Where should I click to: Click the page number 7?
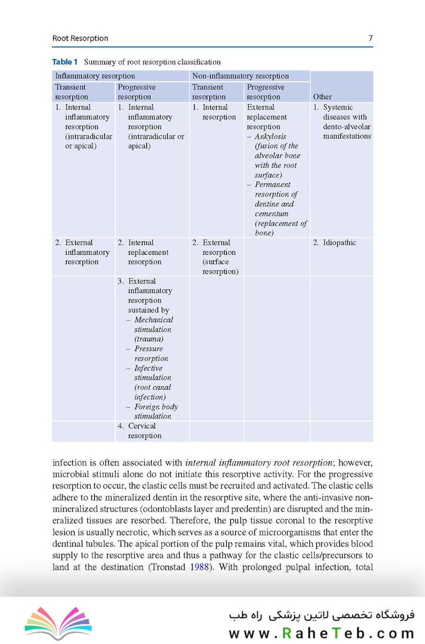(370, 38)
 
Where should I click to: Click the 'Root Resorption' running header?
(80, 38)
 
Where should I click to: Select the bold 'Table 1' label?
(65, 61)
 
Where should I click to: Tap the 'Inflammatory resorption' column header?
(95, 76)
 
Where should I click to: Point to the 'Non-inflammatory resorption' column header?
(240, 76)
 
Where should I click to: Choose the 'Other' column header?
(322, 96)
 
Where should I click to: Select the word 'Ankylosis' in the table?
(270, 137)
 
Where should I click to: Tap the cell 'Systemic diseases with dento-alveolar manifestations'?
(343, 122)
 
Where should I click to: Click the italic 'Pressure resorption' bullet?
(150, 353)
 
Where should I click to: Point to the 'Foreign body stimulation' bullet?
(155, 411)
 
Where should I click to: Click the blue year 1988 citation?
(200, 567)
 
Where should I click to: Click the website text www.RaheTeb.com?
(321, 633)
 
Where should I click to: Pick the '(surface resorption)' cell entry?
(220, 266)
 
